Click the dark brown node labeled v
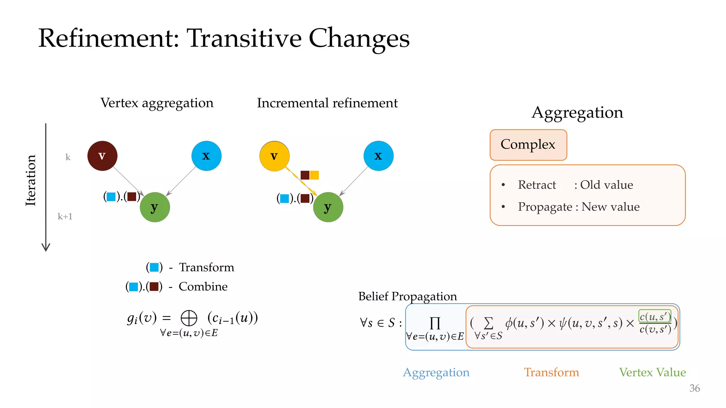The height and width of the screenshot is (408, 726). [x=102, y=156]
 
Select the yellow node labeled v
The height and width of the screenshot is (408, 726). [x=274, y=156]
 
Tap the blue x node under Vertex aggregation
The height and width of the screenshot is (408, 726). [x=206, y=156]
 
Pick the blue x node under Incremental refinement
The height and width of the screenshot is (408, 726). [x=378, y=156]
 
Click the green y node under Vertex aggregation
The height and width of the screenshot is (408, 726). [x=155, y=207]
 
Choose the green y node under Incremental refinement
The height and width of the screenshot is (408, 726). [x=328, y=207]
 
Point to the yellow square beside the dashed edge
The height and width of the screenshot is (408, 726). [x=314, y=175]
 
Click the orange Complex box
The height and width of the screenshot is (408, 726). [x=528, y=145]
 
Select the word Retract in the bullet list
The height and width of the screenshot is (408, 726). [x=537, y=185]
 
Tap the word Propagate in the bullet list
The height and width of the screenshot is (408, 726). [x=545, y=207]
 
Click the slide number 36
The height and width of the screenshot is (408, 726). [x=694, y=388]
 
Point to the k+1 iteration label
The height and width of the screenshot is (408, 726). [x=65, y=216]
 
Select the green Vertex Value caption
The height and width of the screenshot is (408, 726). [x=652, y=372]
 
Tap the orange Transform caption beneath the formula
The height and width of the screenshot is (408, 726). [x=551, y=372]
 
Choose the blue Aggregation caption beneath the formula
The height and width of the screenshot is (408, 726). [x=436, y=372]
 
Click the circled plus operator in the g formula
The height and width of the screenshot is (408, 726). [x=189, y=318]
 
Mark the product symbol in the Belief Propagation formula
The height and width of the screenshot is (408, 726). [x=435, y=323]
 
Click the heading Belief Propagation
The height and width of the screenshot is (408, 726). [x=407, y=296]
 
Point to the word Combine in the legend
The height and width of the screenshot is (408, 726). [x=203, y=286]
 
